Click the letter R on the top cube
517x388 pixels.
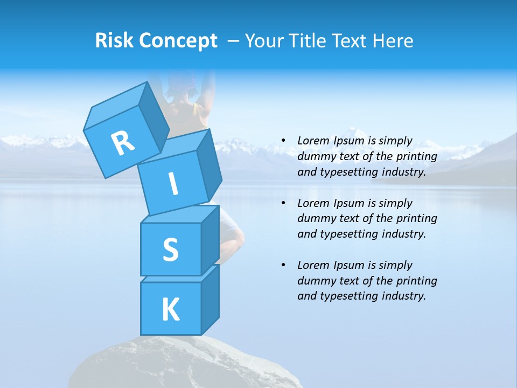123,143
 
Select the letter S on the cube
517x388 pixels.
170,250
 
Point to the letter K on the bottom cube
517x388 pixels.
170,309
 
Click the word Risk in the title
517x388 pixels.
115,40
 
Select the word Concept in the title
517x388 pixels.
178,40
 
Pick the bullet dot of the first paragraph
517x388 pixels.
283,141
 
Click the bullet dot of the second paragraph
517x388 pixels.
283,203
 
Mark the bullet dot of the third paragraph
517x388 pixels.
283,265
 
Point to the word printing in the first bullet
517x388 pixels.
416,156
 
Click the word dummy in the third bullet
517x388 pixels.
315,281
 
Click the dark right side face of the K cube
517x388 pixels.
210,302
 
